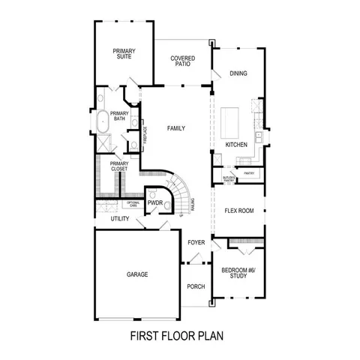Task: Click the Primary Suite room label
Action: point(124,53)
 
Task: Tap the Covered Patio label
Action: point(182,61)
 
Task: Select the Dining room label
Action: point(238,73)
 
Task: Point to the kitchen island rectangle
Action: point(229,121)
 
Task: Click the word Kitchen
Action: point(237,144)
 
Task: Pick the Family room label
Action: point(176,128)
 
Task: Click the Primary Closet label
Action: point(119,166)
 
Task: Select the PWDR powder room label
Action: point(155,202)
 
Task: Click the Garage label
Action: point(137,274)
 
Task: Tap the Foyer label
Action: point(196,242)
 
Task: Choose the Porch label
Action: point(196,287)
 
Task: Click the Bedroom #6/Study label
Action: point(238,273)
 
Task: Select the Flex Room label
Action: point(239,211)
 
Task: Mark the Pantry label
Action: point(249,172)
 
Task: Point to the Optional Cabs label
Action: point(133,203)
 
